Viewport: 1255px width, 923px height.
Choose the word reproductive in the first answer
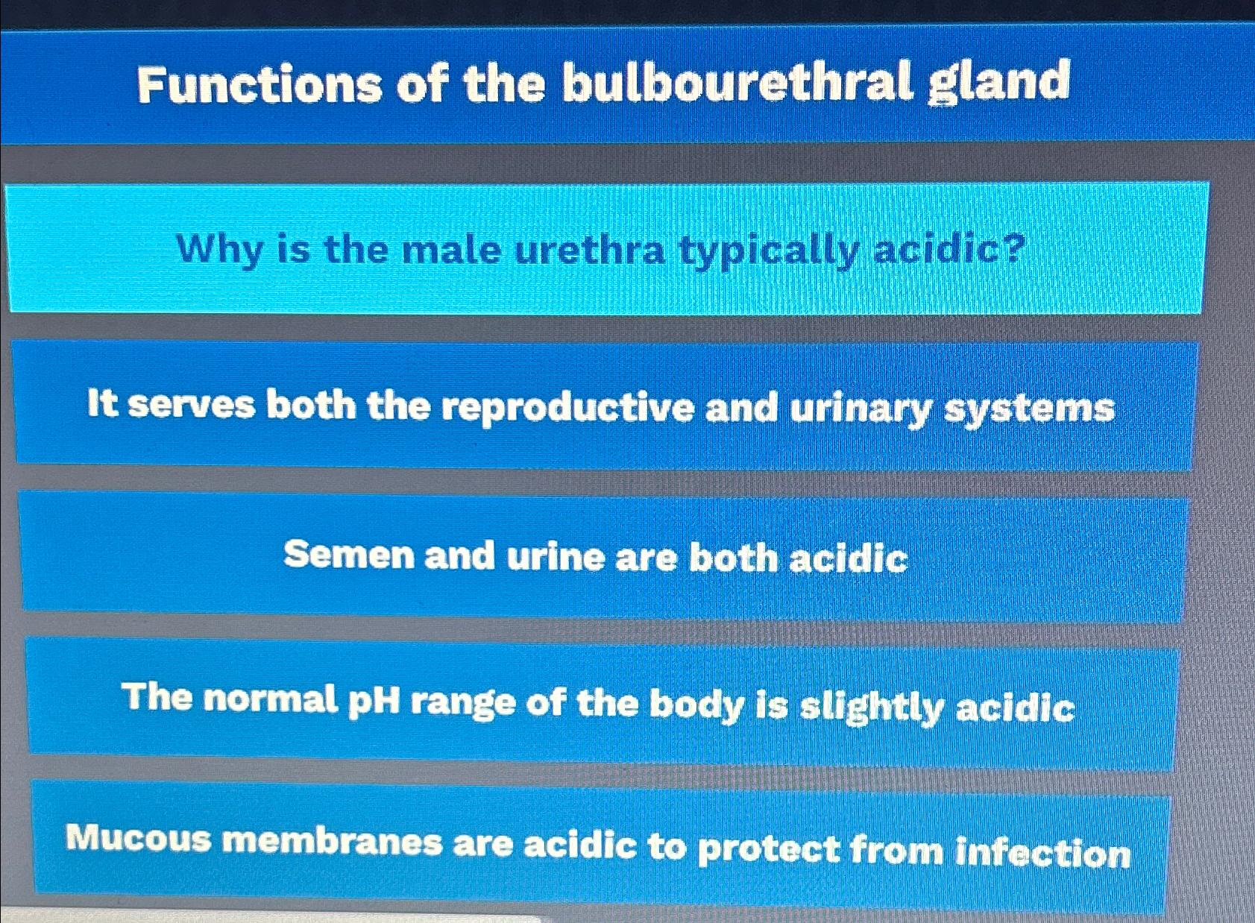click(x=567, y=409)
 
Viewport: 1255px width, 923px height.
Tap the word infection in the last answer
click(x=1042, y=853)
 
